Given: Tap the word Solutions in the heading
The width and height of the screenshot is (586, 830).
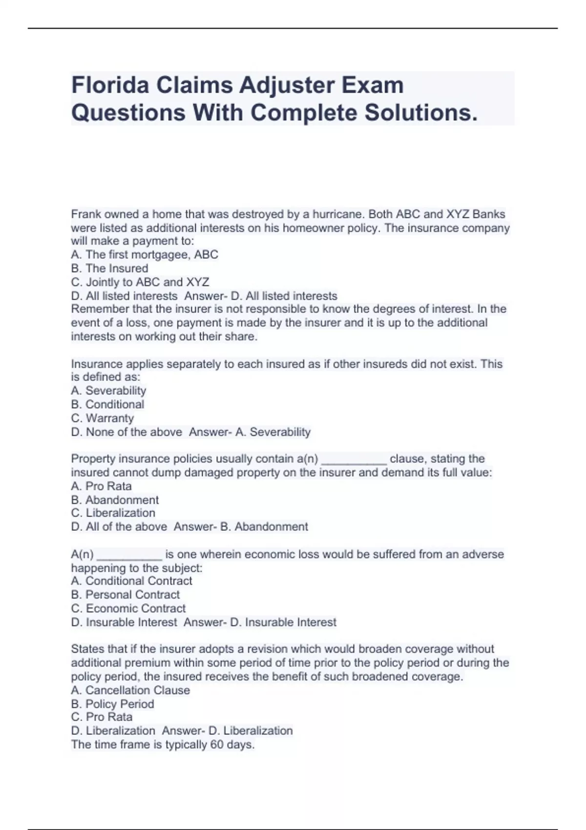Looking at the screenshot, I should coord(420,113).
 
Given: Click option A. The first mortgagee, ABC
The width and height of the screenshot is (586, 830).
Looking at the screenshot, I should coord(145,255).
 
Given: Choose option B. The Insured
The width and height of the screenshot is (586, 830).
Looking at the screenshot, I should coord(109,269).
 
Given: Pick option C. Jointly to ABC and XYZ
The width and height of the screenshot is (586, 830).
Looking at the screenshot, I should coord(140,282).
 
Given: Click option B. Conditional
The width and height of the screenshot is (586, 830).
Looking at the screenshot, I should coord(107,405).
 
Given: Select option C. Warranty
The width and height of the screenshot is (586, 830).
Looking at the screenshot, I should coord(102,418).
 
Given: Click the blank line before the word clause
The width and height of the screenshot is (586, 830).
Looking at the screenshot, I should coord(354,460).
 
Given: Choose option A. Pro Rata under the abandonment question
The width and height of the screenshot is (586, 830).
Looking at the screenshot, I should coord(101,486).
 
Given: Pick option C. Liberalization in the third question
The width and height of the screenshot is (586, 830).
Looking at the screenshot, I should coord(113,513).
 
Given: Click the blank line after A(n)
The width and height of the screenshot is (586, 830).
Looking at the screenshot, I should coord(129,556).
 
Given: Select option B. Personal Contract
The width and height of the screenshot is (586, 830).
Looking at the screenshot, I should coord(126,595).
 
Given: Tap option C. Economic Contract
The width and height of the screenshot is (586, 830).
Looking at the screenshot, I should coord(128,608).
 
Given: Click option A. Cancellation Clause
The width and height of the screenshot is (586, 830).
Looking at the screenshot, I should coord(130,690).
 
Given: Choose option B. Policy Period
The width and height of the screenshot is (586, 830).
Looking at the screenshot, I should coord(112,704).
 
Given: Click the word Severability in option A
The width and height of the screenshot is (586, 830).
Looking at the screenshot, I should coord(116,391).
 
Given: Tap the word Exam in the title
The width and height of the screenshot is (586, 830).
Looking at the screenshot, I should coord(372,85).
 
